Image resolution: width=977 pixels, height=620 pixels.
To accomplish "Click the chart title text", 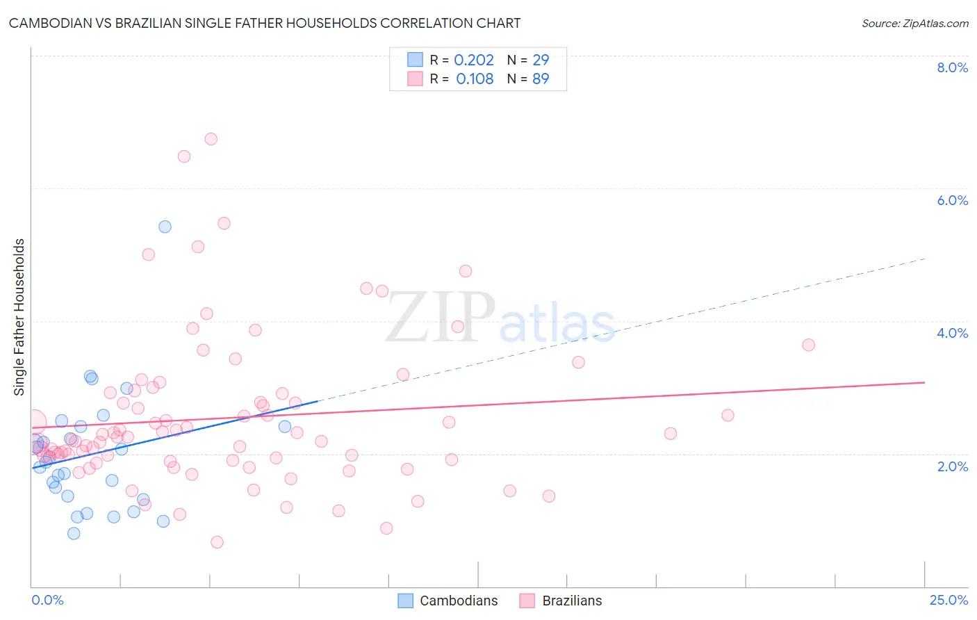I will [x=265, y=23].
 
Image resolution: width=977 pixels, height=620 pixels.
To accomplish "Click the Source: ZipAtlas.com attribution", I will [x=914, y=23].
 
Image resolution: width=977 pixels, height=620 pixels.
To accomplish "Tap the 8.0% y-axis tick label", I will [x=952, y=67].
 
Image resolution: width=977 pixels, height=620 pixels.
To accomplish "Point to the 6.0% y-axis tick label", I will [x=952, y=200].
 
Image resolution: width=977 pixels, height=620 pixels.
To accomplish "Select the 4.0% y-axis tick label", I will [x=952, y=333].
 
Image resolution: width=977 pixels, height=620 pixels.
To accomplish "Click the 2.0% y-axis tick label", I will [x=952, y=466].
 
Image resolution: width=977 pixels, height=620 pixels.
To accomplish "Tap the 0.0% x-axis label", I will [x=47, y=600].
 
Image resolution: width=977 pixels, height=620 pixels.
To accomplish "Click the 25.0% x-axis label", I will [x=949, y=600].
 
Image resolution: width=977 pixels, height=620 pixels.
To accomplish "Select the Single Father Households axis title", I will [x=19, y=317].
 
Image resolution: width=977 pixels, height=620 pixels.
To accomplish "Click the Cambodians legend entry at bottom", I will [x=448, y=601].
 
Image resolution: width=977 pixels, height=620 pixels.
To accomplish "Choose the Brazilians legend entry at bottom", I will [x=561, y=601].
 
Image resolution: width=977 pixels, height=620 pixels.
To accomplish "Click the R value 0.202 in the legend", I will [x=474, y=60].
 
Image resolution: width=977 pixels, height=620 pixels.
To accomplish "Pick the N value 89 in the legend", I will [x=541, y=79].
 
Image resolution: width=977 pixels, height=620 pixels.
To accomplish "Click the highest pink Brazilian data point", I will [x=211, y=139].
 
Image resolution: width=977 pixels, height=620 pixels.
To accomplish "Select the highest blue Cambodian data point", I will [x=165, y=227].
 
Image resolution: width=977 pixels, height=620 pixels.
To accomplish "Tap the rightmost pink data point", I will [x=808, y=345].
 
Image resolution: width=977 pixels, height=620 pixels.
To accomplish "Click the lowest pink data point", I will [x=217, y=542].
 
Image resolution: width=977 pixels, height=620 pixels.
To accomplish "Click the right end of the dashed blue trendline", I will [x=925, y=259].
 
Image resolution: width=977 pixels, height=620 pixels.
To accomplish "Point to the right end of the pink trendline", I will [x=925, y=382].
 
